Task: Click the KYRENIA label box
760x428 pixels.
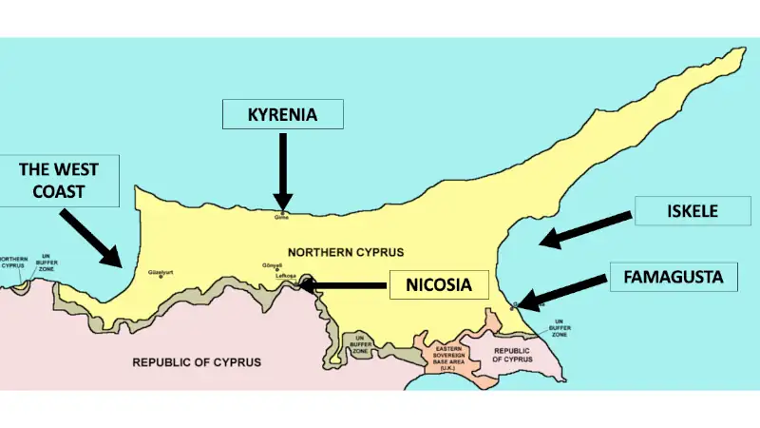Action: coord(282,115)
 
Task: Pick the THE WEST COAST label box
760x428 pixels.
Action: coord(59,181)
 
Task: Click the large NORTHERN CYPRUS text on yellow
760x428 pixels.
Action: coord(346,252)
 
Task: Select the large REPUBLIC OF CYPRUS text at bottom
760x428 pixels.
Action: coord(196,362)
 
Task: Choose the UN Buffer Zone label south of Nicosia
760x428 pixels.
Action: coord(360,344)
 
